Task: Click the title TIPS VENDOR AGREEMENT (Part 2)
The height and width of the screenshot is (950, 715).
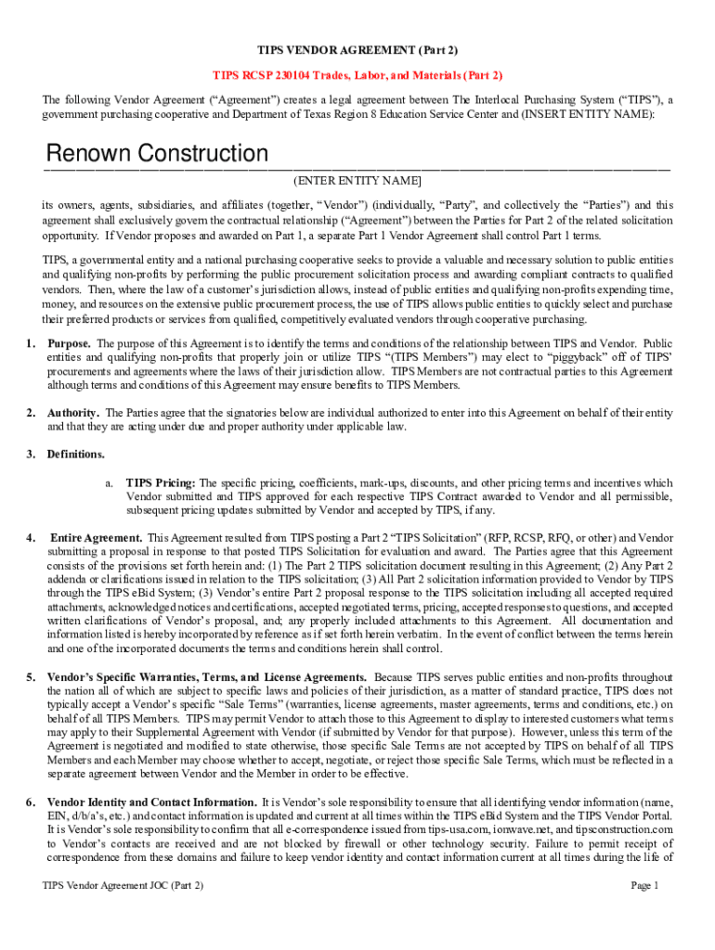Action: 357,48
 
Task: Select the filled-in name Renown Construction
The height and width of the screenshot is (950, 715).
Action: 157,154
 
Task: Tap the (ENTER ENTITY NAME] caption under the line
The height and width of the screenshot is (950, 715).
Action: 357,180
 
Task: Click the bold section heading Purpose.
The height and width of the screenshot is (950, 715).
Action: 70,343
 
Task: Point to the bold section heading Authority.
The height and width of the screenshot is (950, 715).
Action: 73,413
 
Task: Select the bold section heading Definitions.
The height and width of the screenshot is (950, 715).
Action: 76,455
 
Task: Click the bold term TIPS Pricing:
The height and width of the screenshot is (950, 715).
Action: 161,482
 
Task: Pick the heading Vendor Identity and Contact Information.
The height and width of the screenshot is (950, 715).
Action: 152,802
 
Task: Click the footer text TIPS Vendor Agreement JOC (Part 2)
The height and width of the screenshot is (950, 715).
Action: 123,886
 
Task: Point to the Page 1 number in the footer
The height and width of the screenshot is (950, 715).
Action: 644,886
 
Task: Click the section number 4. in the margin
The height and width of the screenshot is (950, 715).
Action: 31,538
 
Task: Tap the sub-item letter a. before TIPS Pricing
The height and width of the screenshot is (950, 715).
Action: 109,482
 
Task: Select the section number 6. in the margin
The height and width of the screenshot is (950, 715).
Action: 31,802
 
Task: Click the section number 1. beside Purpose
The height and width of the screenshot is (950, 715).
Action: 31,343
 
